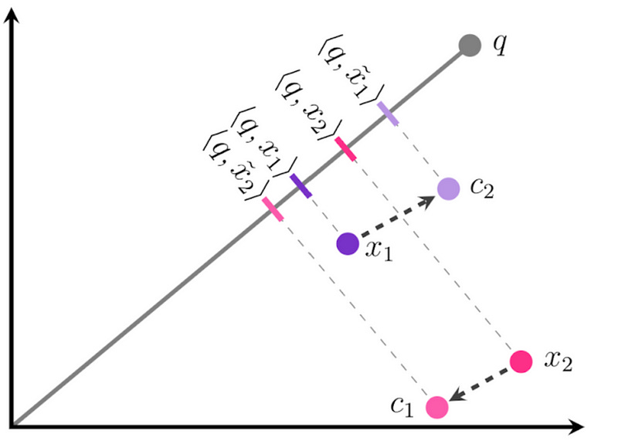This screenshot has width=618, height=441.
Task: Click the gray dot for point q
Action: tap(470, 46)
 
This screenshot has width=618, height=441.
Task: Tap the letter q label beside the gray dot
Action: tap(501, 45)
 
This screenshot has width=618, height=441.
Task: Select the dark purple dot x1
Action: tap(348, 243)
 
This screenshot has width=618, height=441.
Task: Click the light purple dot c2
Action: tap(448, 188)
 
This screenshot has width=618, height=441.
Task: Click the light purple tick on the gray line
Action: tap(388, 114)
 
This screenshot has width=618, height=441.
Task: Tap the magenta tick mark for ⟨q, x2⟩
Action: tap(345, 148)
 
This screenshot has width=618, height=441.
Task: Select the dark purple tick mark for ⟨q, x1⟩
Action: tap(301, 185)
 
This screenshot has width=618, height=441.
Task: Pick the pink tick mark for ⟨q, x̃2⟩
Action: tap(273, 208)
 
